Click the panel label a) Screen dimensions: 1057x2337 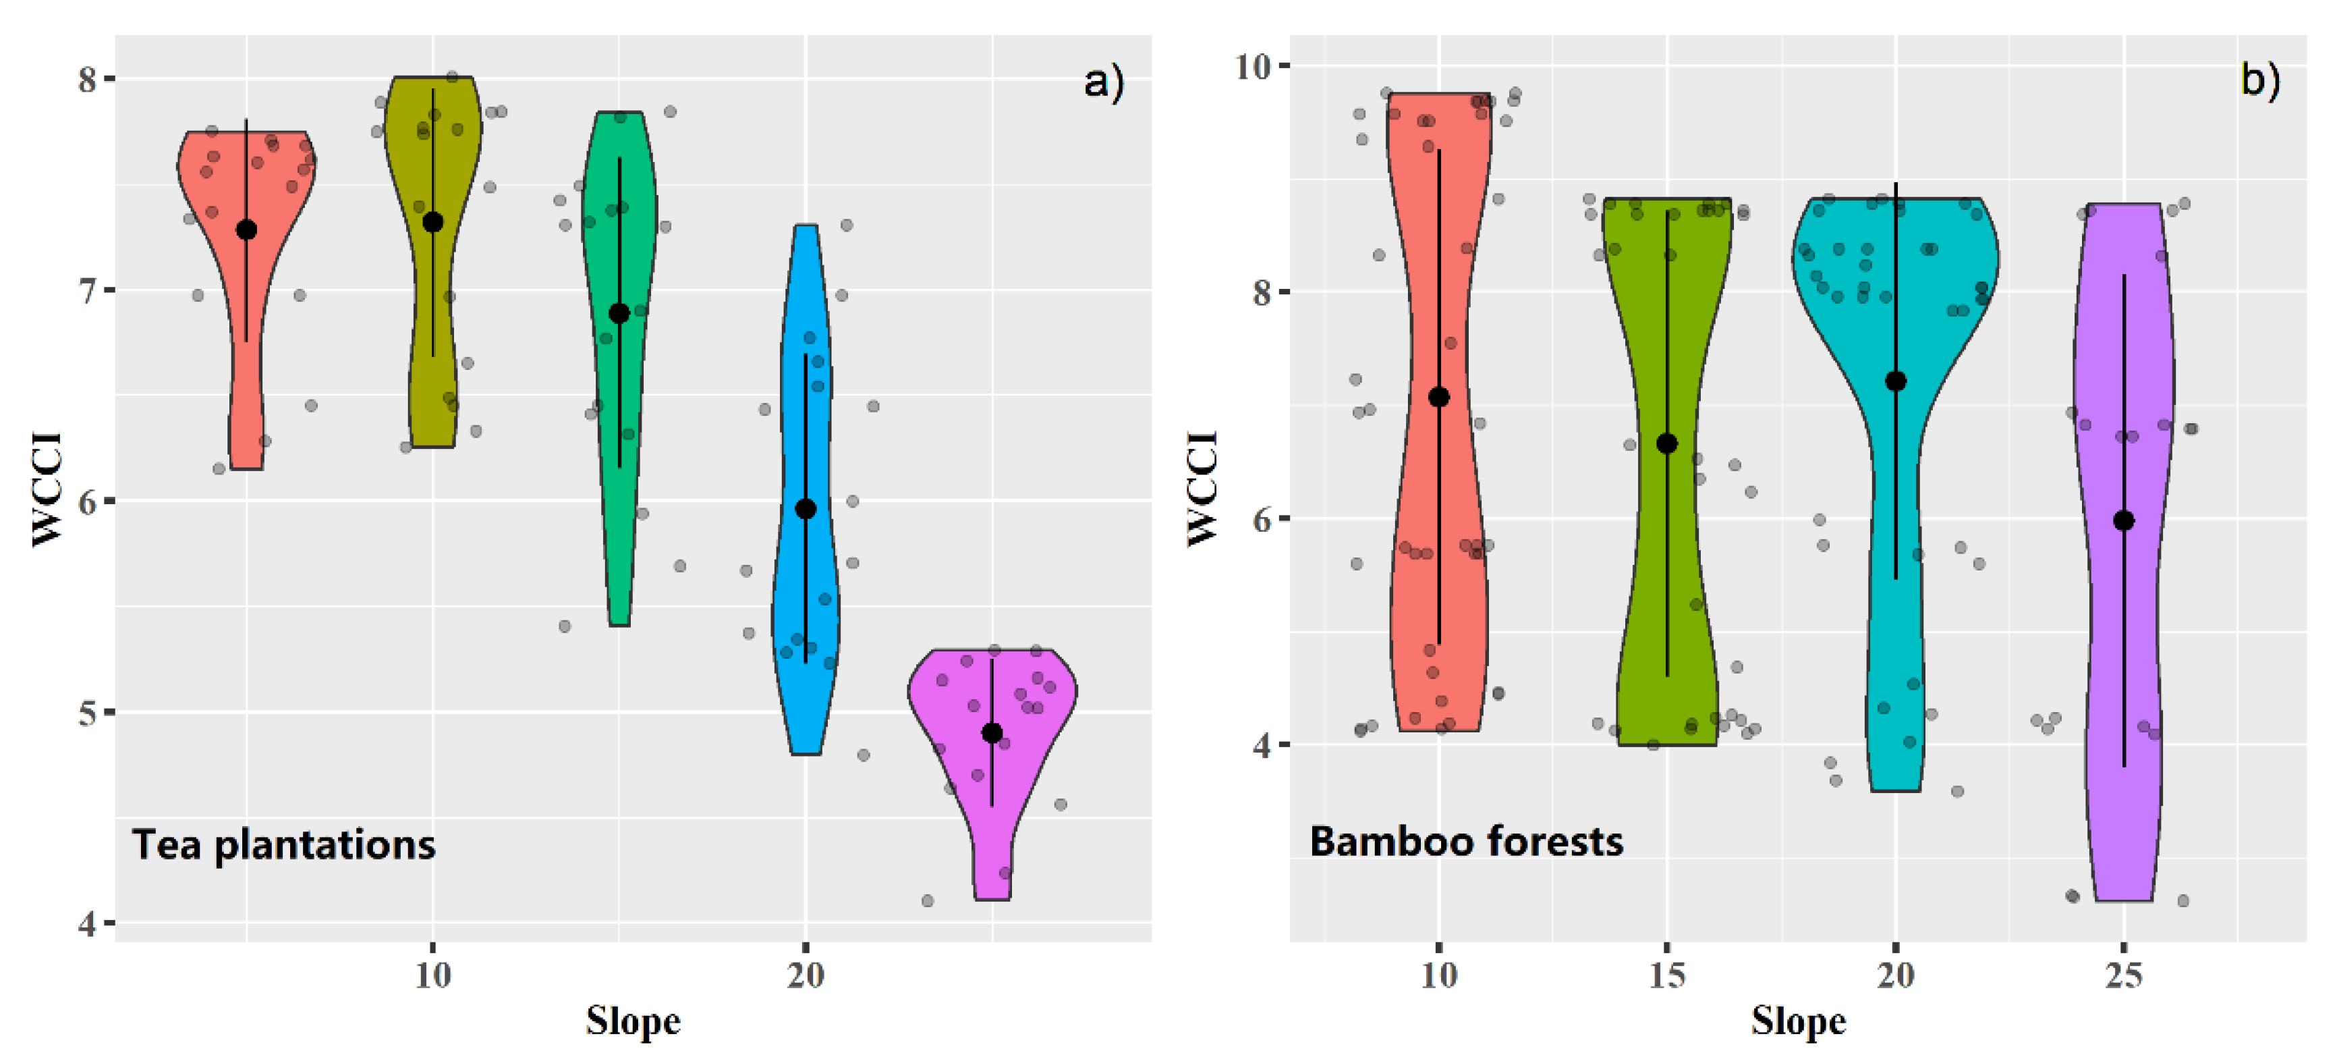(x=1103, y=82)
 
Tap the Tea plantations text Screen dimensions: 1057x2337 (x=284, y=844)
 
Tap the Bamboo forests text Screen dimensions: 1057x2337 (x=1466, y=841)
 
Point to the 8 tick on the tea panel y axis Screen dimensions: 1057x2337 (x=87, y=79)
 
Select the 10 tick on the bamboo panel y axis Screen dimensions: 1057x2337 (x=1253, y=65)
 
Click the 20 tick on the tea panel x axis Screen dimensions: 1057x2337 (x=806, y=975)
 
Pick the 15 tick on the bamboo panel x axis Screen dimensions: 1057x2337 (x=1666, y=975)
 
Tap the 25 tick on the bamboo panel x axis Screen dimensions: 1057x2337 (x=2124, y=975)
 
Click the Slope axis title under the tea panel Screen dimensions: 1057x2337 (x=632, y=1021)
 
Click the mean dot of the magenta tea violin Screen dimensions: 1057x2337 (x=992, y=733)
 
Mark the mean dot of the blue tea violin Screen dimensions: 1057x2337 (x=806, y=509)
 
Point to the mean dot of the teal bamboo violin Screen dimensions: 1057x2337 (x=1895, y=381)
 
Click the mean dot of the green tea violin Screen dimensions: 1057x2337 (x=619, y=314)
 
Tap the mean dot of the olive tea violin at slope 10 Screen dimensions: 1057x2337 (x=432, y=222)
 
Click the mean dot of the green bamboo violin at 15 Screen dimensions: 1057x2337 (x=1666, y=443)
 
